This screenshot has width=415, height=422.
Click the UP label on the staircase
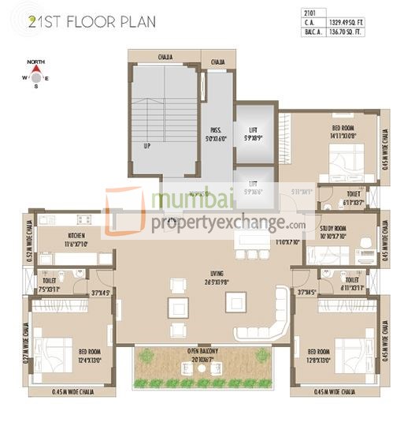[146, 146]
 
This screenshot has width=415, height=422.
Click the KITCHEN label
[76, 240]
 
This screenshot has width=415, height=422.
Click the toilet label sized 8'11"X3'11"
[351, 283]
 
